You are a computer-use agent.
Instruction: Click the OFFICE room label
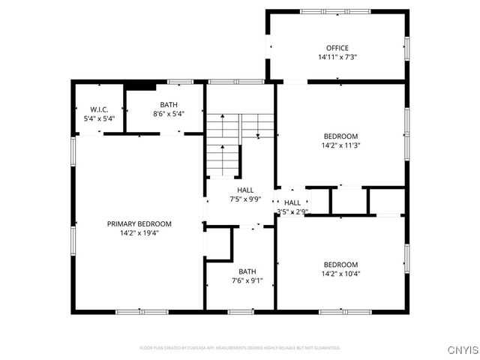(337, 48)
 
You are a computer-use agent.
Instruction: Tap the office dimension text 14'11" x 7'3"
(337, 57)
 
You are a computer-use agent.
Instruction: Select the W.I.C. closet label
(99, 109)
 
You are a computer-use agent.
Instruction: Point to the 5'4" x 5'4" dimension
(99, 118)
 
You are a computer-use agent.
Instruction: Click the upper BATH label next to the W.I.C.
(168, 105)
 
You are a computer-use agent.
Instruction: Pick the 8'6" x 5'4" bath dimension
(168, 114)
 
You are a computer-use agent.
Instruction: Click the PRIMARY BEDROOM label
(139, 223)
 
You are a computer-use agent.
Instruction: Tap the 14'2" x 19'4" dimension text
(139, 232)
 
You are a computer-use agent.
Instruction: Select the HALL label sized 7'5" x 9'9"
(245, 190)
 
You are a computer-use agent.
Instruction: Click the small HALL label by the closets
(292, 202)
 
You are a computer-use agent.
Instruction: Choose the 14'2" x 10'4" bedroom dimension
(340, 274)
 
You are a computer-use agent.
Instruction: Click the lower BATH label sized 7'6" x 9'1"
(247, 271)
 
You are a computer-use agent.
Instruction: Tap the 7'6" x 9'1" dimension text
(247, 281)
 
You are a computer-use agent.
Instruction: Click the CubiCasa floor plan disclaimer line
(240, 348)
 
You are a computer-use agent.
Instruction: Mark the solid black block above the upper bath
(139, 85)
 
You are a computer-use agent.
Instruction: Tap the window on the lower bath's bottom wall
(240, 311)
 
